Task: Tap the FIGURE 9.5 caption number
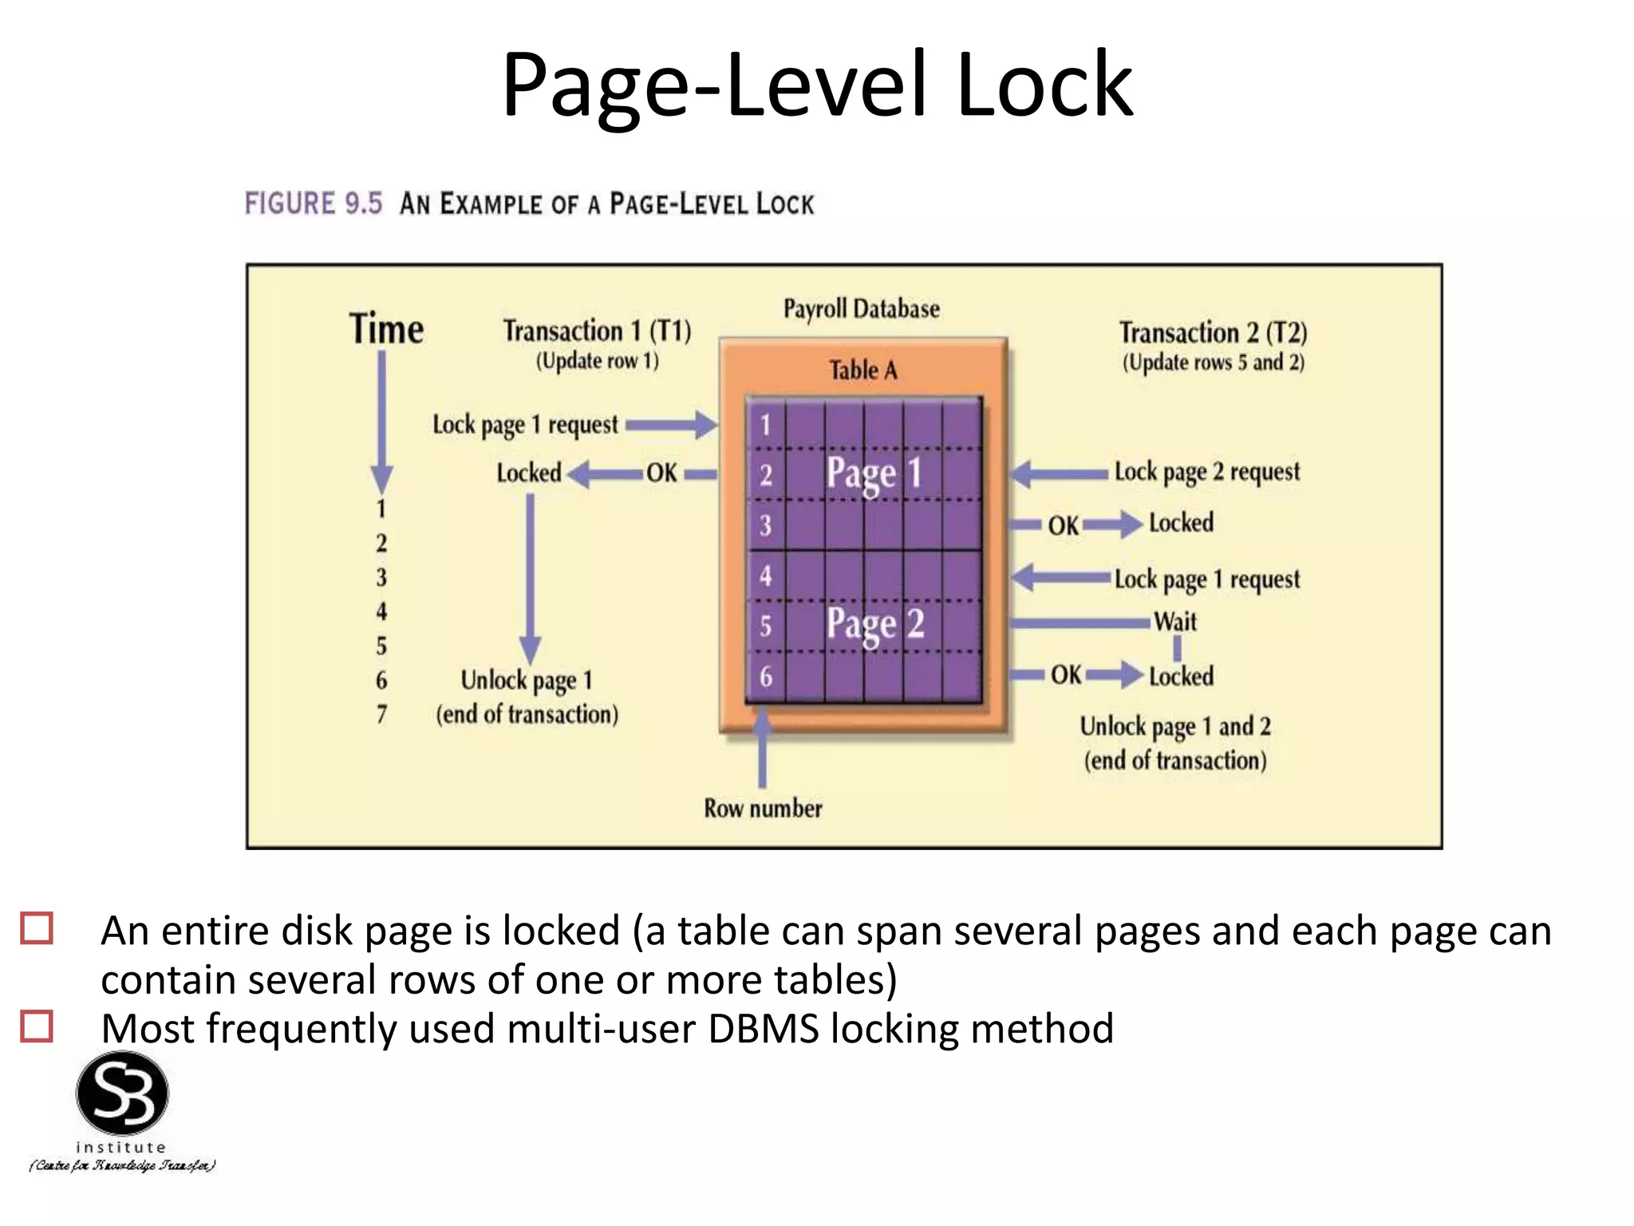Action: pyautogui.click(x=313, y=204)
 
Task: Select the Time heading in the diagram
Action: pyautogui.click(x=386, y=329)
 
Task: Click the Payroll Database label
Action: pyautogui.click(x=861, y=309)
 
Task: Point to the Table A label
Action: pyautogui.click(x=862, y=370)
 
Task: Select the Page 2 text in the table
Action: pyautogui.click(x=874, y=623)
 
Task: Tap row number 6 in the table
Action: pyautogui.click(x=766, y=677)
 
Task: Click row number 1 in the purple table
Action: pyautogui.click(x=766, y=425)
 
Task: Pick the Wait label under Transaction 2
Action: pyautogui.click(x=1175, y=622)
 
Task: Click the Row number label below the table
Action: pyautogui.click(x=763, y=809)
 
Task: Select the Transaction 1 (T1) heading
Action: pyautogui.click(x=597, y=330)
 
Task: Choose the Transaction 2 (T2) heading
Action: pyautogui.click(x=1213, y=332)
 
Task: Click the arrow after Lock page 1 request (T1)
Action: pyautogui.click(x=672, y=425)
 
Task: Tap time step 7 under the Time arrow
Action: pyautogui.click(x=381, y=714)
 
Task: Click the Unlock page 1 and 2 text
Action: pyautogui.click(x=1175, y=726)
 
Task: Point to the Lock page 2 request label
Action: pyautogui.click(x=1206, y=472)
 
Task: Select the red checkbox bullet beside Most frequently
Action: pyautogui.click(x=37, y=1026)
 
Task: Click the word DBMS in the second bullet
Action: pyautogui.click(x=763, y=1028)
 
